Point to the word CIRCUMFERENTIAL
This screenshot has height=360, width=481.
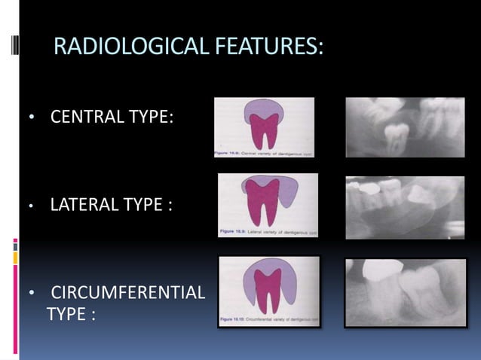click(x=127, y=292)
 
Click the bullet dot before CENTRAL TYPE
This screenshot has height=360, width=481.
click(x=31, y=119)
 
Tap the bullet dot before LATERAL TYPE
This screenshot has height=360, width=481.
click(x=31, y=204)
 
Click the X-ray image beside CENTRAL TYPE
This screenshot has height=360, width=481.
click(x=405, y=127)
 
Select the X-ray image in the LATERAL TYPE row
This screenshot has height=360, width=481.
click(x=405, y=207)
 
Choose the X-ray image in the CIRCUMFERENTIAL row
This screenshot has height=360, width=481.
click(x=405, y=292)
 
